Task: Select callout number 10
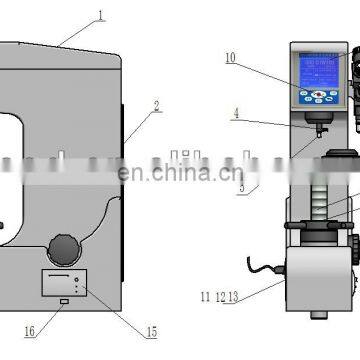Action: pos(230,59)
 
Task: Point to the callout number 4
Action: pos(235,114)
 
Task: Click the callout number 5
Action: pos(241,186)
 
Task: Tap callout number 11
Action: pos(204,297)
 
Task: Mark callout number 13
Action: pos(232,297)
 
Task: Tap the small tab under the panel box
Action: pos(63,303)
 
